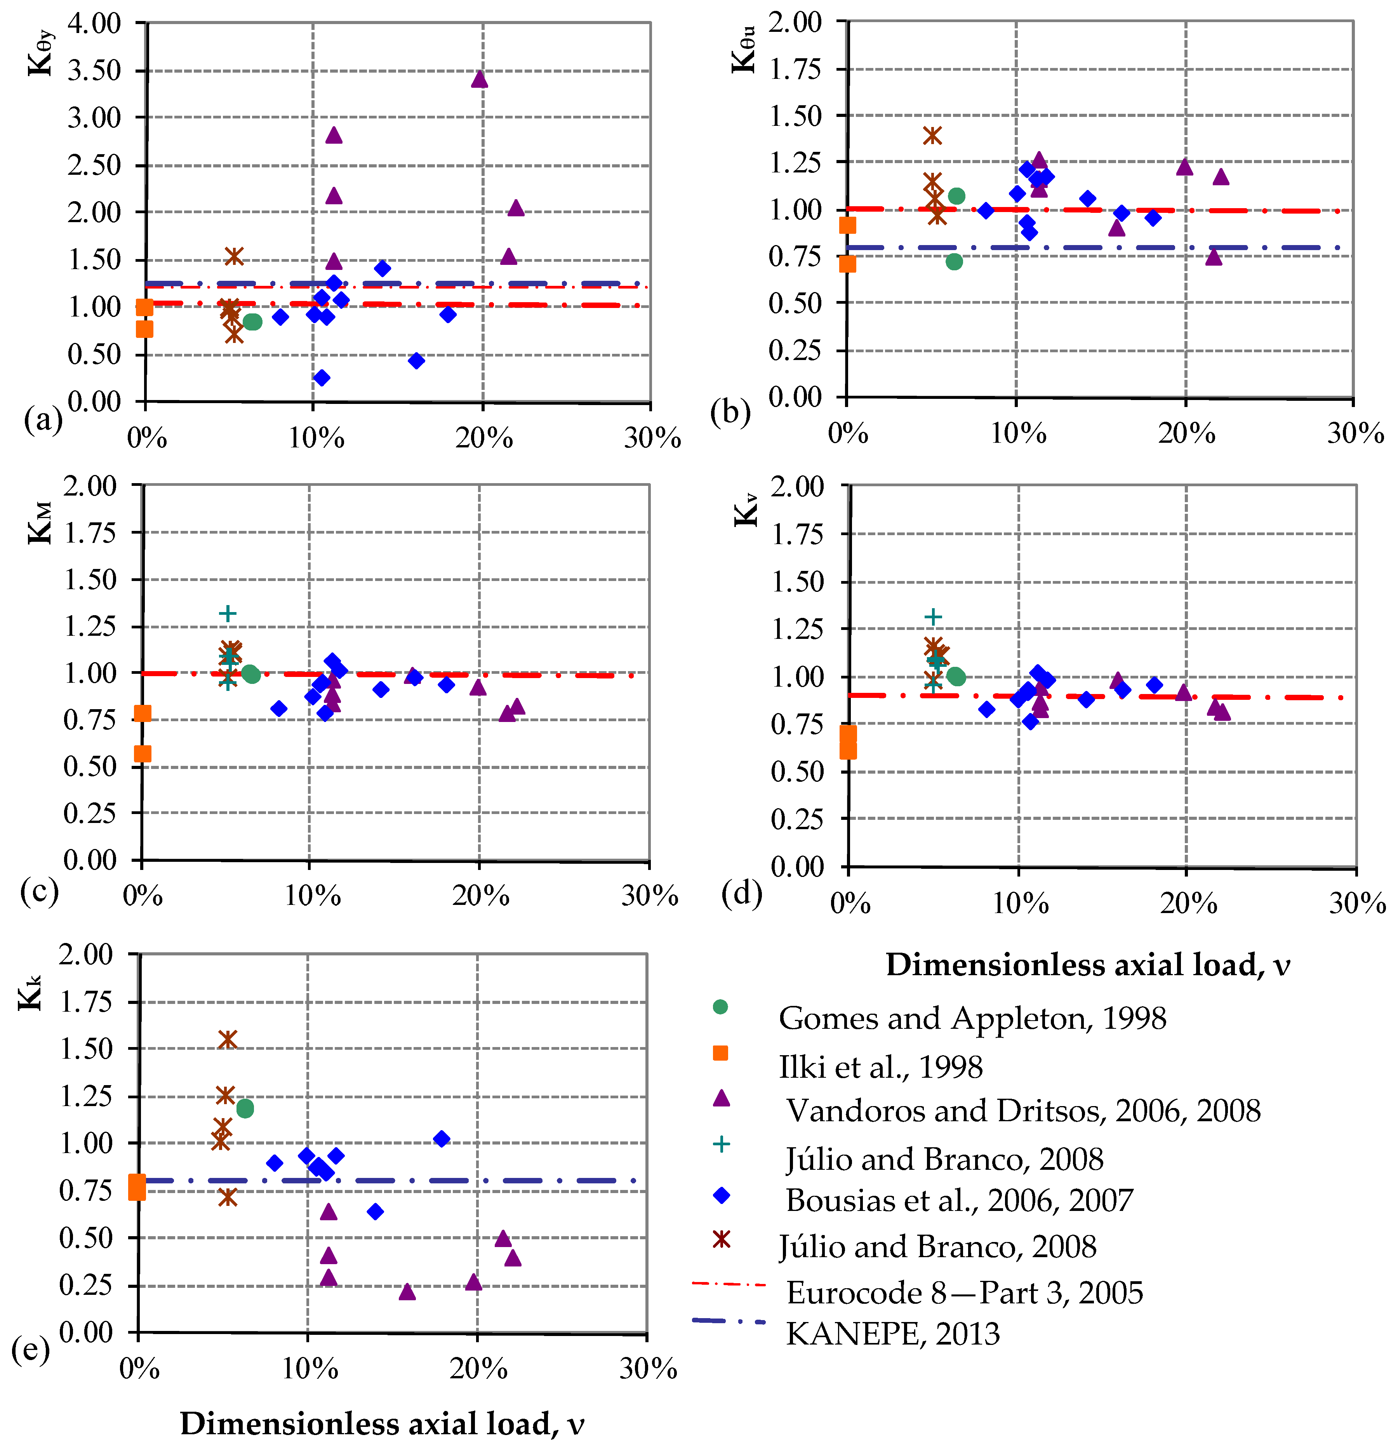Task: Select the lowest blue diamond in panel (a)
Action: pyautogui.click(x=322, y=377)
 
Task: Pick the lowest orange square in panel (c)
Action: pyautogui.click(x=142, y=754)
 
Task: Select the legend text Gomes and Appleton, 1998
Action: pyautogui.click(x=972, y=1018)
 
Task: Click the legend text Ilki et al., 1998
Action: pyautogui.click(x=880, y=1067)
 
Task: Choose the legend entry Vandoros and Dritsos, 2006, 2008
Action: pyautogui.click(x=1023, y=1111)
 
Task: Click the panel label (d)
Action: pyautogui.click(x=741, y=894)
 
